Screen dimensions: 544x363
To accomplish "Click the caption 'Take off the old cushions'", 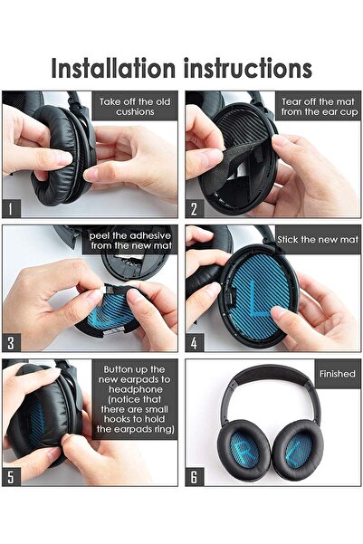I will (135, 107).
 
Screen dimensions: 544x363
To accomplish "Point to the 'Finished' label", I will (336, 372).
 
